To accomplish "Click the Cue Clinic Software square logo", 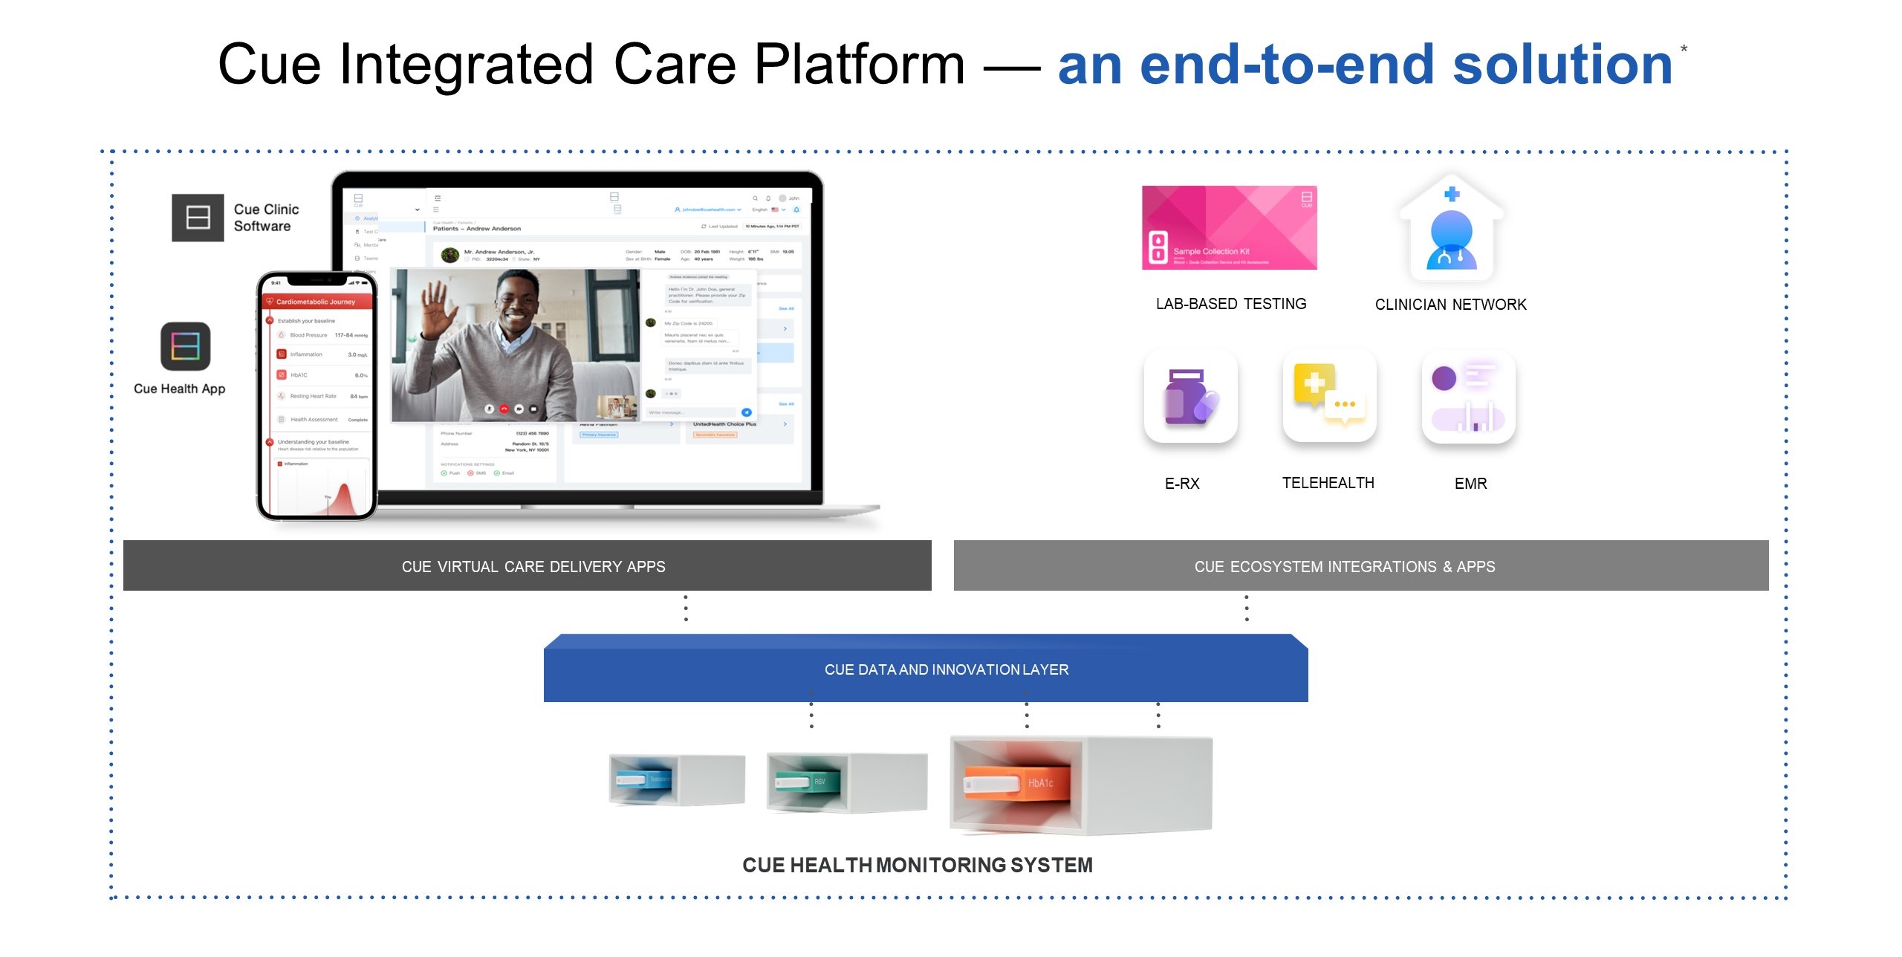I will click(198, 218).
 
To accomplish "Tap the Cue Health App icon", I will click(186, 346).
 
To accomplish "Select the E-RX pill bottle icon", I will click(1190, 397).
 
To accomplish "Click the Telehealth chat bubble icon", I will click(1329, 396).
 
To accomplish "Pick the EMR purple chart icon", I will click(1468, 397).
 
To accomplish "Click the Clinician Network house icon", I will click(1451, 230).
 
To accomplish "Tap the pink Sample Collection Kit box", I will click(1229, 227).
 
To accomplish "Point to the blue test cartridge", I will click(642, 779).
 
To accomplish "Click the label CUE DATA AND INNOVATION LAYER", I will click(946, 669).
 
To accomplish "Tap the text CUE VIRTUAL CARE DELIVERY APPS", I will click(533, 567).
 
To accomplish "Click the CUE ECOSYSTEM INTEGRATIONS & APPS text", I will click(1344, 567).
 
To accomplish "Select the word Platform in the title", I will click(859, 65).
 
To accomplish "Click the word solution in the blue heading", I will click(1562, 65).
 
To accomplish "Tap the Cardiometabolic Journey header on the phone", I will click(316, 302).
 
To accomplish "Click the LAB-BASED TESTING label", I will click(1230, 304).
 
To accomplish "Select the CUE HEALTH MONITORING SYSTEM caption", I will click(917, 865).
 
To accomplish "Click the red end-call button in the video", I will click(504, 409).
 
